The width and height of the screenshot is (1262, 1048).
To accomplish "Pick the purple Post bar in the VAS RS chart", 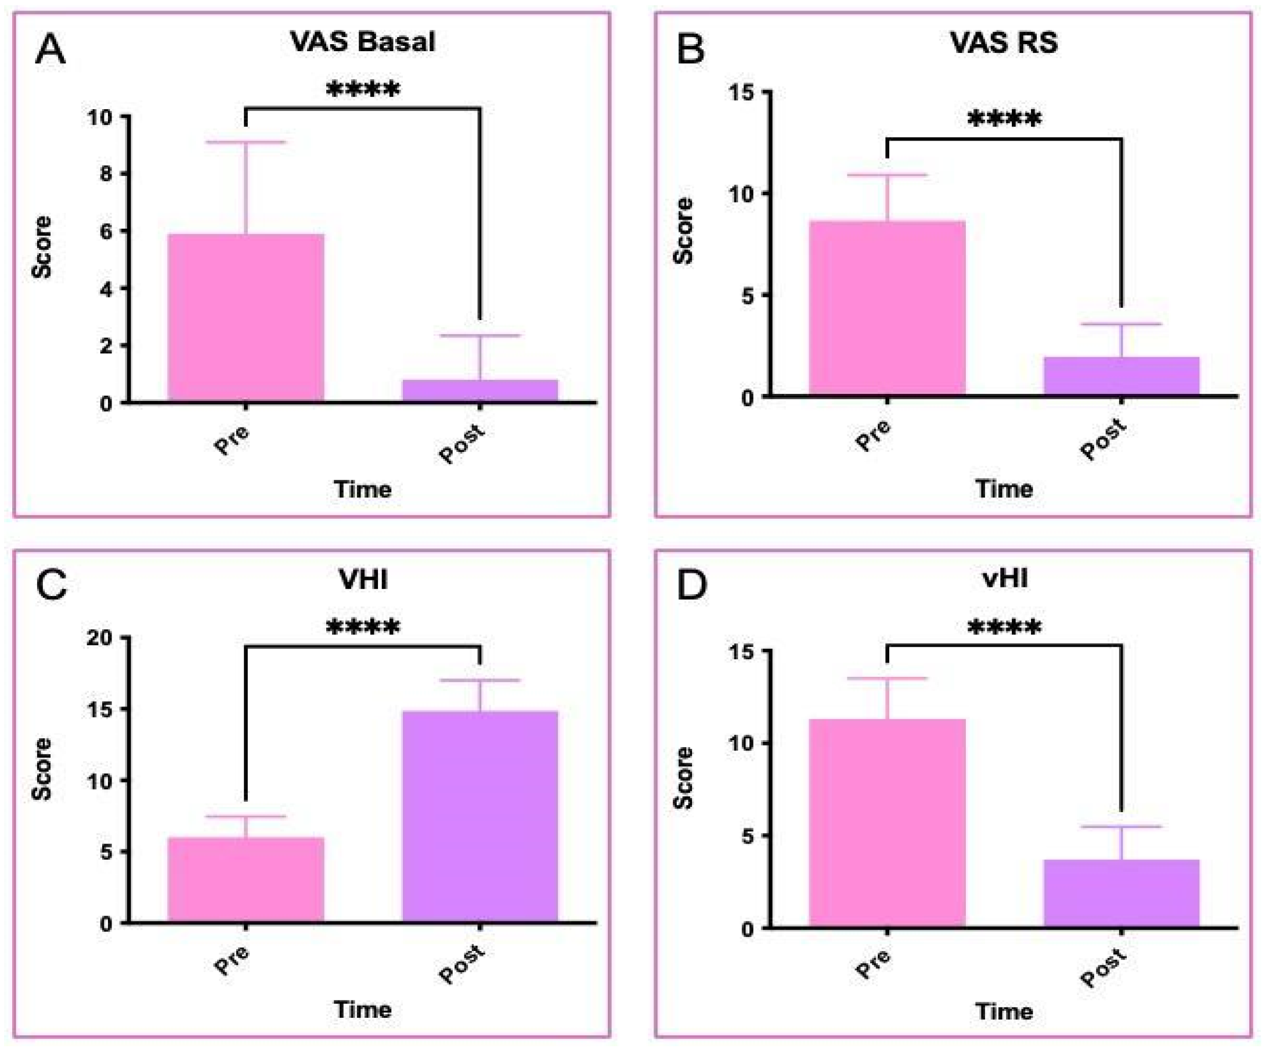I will (1122, 376).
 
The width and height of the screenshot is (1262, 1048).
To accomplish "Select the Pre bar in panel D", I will (887, 823).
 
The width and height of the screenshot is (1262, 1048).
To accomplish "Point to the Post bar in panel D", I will (1122, 893).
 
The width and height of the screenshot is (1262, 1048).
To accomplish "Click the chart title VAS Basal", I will (362, 41).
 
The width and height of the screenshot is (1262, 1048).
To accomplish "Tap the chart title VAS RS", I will (1004, 42).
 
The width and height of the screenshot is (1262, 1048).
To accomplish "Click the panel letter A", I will (51, 49).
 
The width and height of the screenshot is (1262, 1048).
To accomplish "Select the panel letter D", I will (692, 585).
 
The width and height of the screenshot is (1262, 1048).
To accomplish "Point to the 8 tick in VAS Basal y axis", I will (106, 174).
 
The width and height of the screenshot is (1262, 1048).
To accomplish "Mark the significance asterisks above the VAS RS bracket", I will (1004, 119).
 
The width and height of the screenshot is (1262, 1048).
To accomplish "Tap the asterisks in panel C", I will (362, 628).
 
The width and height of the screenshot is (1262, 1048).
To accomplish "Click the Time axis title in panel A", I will (362, 489).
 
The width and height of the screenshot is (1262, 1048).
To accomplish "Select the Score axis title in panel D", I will (683, 778).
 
